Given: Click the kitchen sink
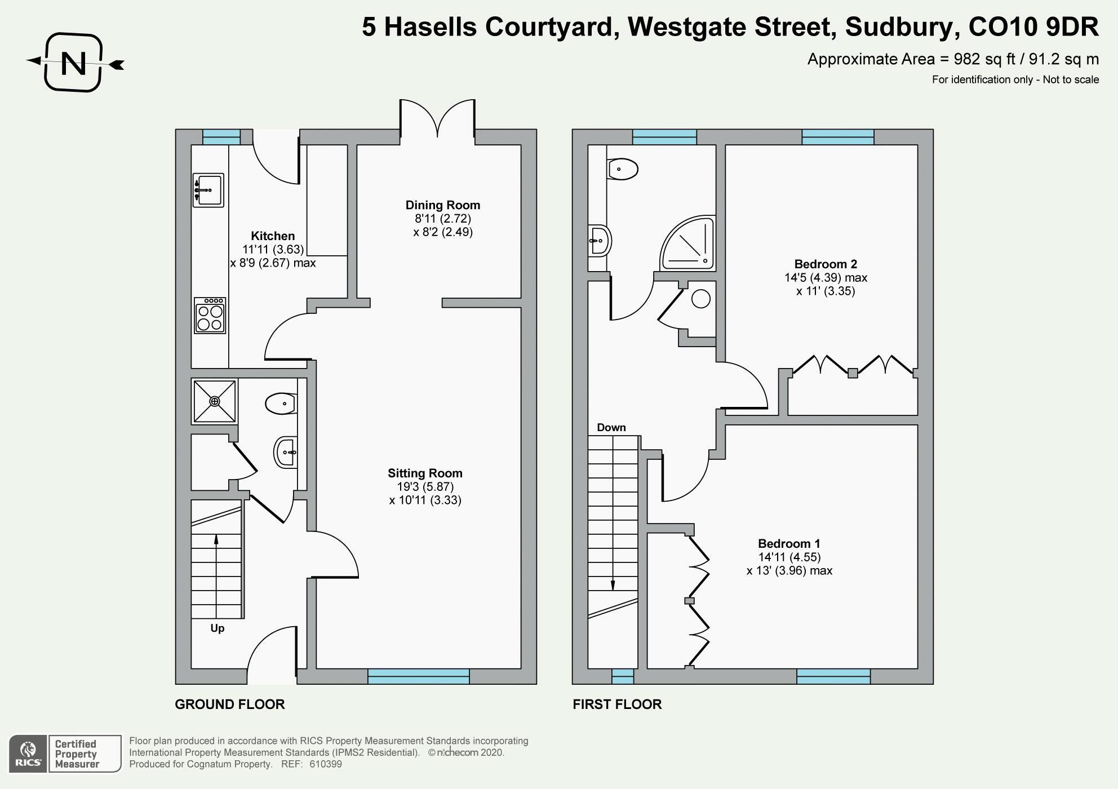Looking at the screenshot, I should point(208,190).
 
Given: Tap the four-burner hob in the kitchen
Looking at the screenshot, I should point(210,316).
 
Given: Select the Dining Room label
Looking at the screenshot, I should point(443,205).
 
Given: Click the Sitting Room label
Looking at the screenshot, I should point(425,473).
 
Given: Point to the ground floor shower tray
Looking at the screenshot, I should point(214,401).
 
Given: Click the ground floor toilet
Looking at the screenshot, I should point(281,404).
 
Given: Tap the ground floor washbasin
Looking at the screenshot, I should point(285,452).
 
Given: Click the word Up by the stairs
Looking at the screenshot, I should point(218,628).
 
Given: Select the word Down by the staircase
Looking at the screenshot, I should point(611,428).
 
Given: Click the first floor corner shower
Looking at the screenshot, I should point(689,243).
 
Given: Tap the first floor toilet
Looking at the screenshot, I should point(623,169).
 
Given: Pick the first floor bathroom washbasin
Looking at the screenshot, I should point(600,241).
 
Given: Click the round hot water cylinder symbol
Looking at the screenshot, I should point(700,299).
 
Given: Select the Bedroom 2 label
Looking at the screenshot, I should point(826,264).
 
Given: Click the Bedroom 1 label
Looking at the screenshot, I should point(789,544).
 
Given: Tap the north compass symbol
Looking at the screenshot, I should point(74,63).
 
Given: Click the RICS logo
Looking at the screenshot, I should point(28,754).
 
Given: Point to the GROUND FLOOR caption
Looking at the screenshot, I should point(230,704).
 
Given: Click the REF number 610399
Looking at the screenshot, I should point(326,764).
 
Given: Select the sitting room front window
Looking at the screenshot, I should point(418,676).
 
